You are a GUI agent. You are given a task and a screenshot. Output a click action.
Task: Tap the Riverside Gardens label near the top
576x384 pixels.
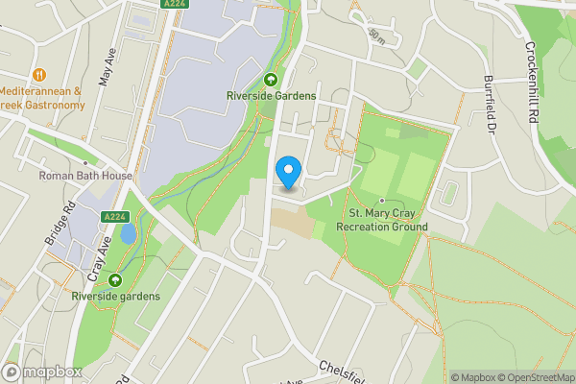270,95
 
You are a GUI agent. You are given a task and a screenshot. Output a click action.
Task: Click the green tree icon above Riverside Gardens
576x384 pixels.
270,80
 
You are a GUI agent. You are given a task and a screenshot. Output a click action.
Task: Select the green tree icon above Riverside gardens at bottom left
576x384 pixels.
115,280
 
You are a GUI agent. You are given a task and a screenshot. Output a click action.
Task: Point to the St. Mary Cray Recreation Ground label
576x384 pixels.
382,220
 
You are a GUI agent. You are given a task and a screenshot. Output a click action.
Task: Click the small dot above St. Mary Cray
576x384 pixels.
382,200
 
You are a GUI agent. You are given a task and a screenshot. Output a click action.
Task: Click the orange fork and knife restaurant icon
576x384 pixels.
39,74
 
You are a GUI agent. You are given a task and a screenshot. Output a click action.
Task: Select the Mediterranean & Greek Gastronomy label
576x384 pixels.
42,98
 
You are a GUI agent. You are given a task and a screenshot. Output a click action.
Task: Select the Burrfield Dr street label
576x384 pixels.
491,103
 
